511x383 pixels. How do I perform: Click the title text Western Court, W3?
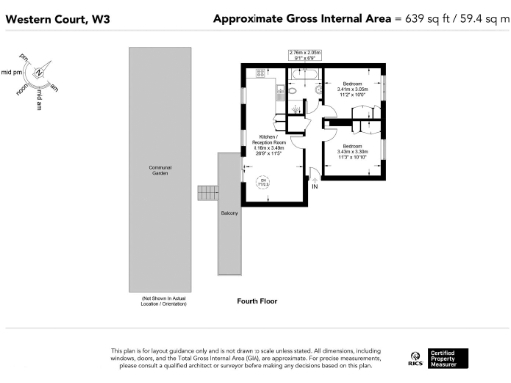point(50,19)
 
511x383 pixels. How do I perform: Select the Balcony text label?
point(230,213)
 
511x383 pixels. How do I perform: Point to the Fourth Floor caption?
point(256,300)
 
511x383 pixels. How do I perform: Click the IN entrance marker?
point(315,187)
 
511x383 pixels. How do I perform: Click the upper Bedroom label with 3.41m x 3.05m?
point(353,87)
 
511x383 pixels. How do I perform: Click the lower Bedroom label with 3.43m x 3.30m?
point(353,149)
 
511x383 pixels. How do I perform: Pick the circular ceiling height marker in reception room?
point(264,181)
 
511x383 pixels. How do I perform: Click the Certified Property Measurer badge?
point(444,358)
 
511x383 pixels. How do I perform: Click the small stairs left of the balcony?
point(207,191)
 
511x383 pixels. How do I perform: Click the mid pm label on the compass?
point(12,73)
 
